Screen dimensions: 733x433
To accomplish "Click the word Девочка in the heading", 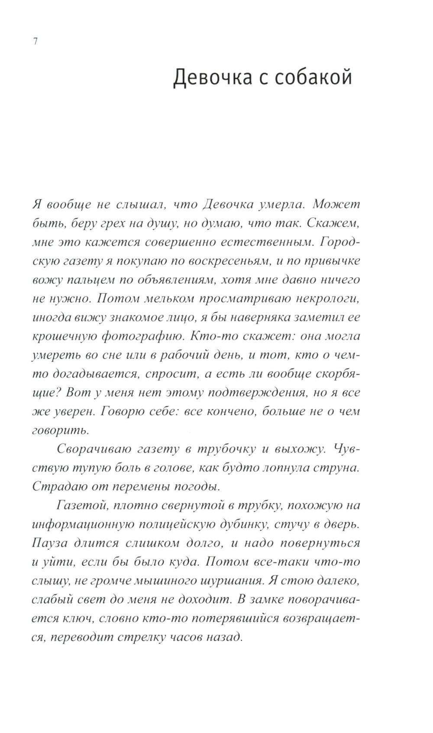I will coord(213,79).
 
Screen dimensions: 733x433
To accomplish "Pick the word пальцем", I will coord(97,280).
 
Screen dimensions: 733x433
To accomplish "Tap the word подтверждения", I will coord(257,393).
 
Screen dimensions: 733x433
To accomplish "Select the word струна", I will coord(336,468).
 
